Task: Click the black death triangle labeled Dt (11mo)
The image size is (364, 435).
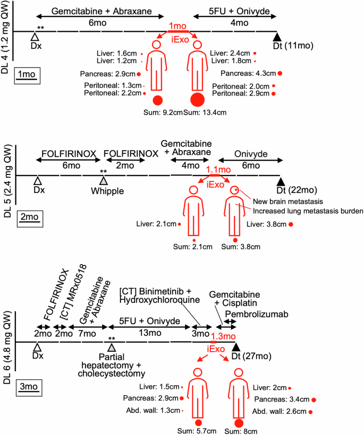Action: point(276,37)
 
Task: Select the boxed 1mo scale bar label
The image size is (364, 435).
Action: point(26,74)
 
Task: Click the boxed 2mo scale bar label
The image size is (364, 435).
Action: point(26,217)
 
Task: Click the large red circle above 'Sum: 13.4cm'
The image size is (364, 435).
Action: point(197,99)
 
